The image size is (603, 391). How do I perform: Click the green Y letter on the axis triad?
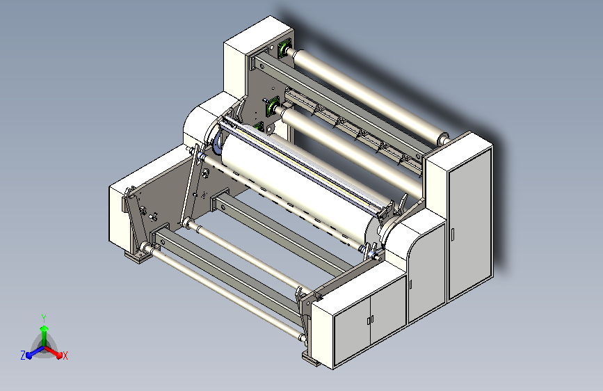click(x=44, y=318)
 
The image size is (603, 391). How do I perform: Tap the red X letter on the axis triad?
click(x=65, y=356)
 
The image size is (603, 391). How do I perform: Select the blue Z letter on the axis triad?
click(x=23, y=356)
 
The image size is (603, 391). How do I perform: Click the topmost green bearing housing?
click(x=284, y=49)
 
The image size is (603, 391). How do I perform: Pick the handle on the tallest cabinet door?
click(x=453, y=234)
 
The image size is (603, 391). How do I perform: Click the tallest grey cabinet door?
click(x=470, y=223)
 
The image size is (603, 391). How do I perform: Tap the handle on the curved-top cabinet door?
click(x=411, y=284)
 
